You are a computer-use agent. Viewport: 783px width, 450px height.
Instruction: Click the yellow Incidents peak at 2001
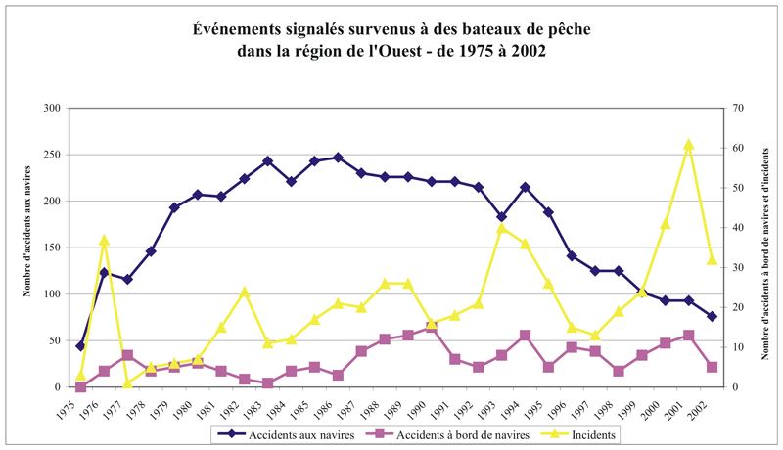pyautogui.click(x=688, y=145)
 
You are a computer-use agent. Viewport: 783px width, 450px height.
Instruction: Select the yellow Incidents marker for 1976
pyautogui.click(x=104, y=240)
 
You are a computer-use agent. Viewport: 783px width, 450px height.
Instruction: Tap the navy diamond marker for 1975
pyautogui.click(x=80, y=346)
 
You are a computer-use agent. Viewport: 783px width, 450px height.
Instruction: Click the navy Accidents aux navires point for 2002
pyautogui.click(x=712, y=316)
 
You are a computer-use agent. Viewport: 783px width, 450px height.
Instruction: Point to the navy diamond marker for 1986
pyautogui.click(x=338, y=157)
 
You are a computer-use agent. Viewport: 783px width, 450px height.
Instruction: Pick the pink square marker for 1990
pyautogui.click(x=432, y=327)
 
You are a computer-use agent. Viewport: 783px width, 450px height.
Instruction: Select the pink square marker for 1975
pyautogui.click(x=80, y=387)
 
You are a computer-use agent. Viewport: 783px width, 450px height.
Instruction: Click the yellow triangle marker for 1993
pyautogui.click(x=501, y=228)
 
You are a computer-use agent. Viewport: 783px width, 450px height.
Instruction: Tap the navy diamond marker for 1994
pyautogui.click(x=525, y=187)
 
